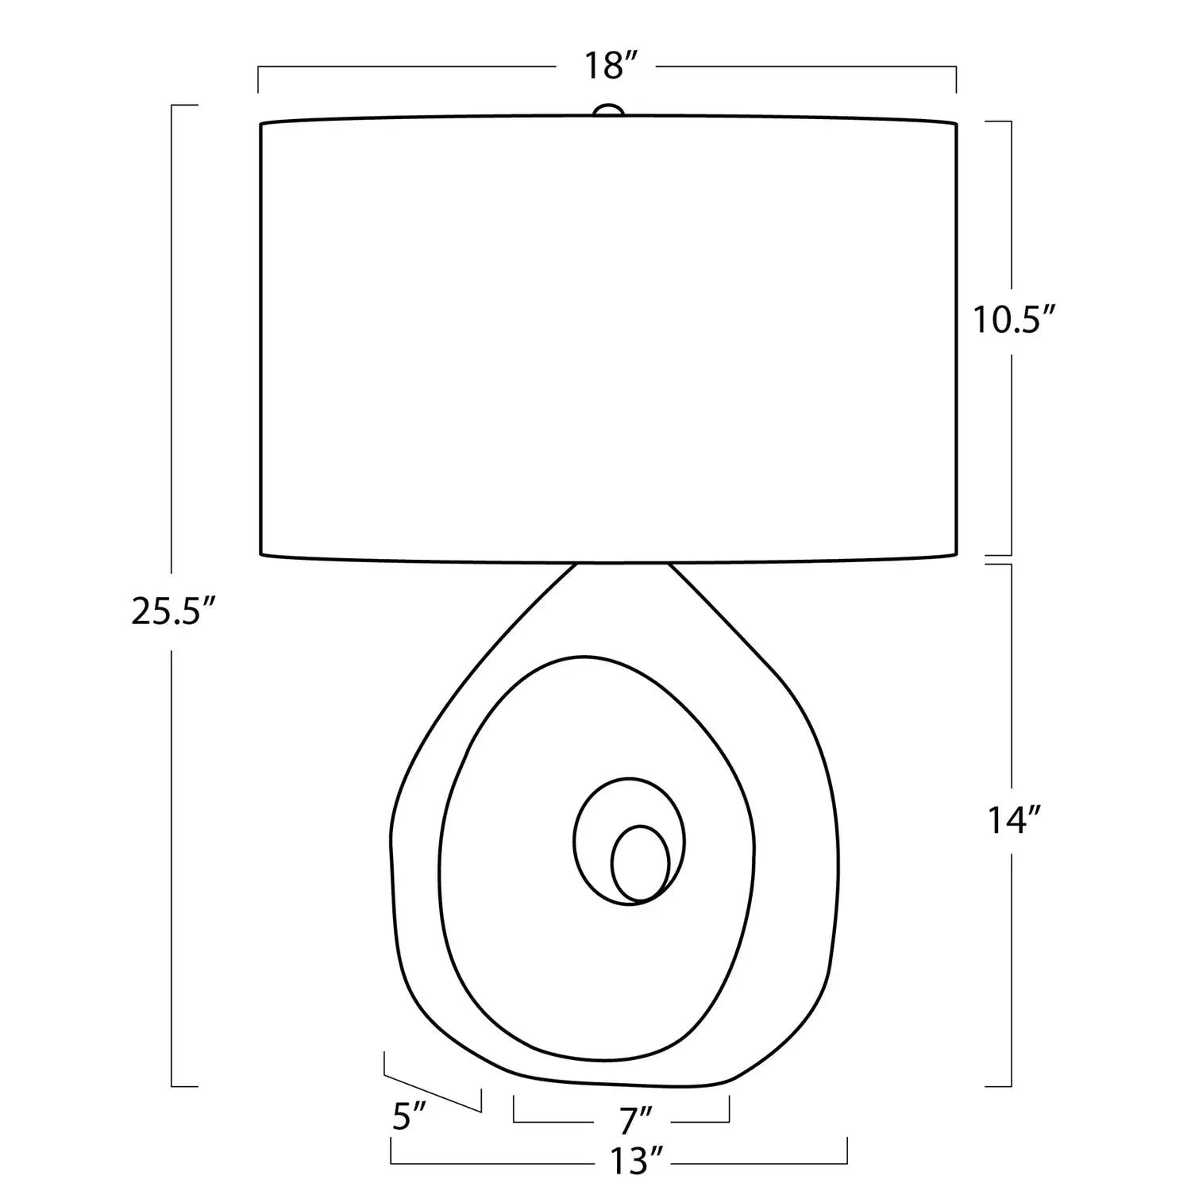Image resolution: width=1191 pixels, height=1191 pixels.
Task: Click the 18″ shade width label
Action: [611, 66]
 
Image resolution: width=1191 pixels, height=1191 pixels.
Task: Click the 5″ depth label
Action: [410, 1118]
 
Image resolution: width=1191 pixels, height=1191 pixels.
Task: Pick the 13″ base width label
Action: [635, 1161]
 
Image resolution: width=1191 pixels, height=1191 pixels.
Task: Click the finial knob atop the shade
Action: [608, 110]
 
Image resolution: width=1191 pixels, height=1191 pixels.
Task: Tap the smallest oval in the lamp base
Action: [640, 864]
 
